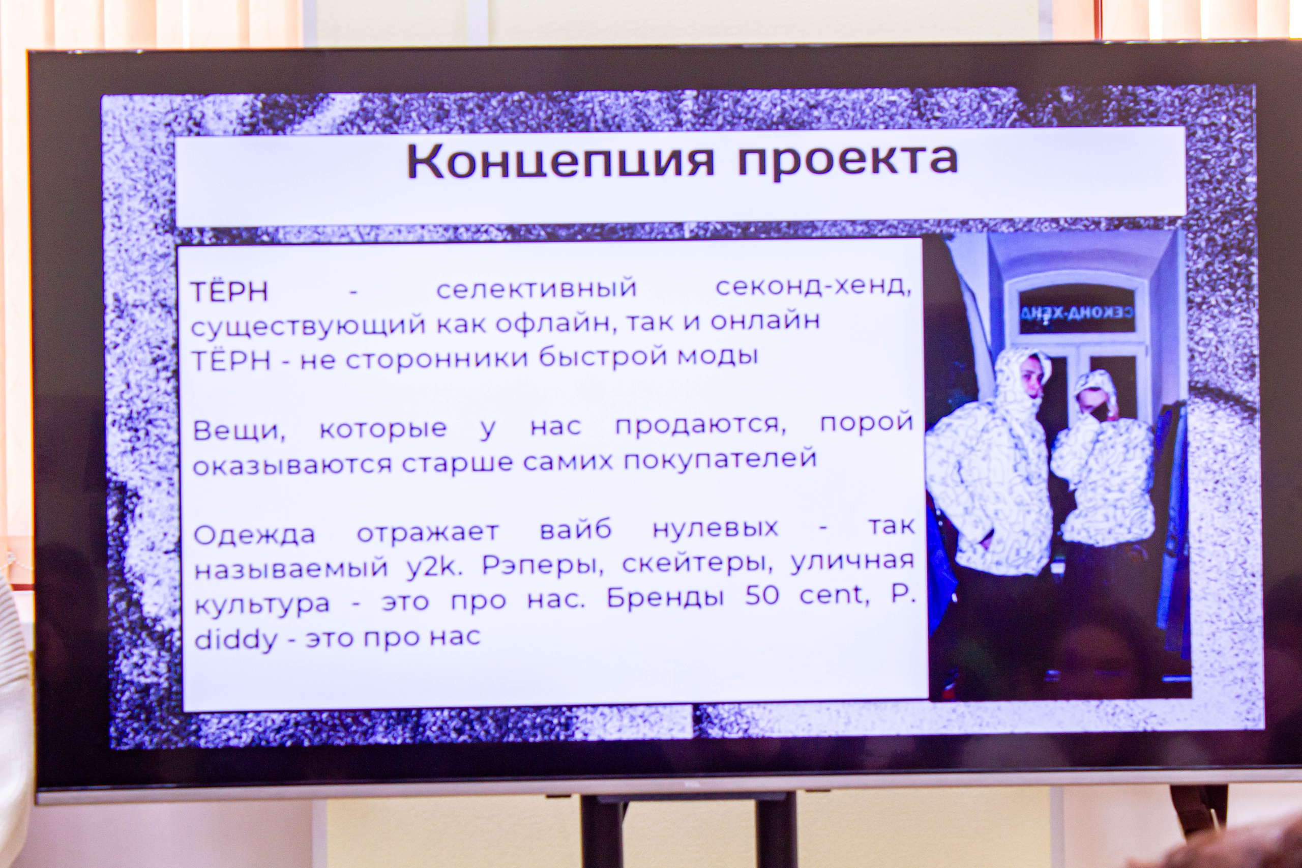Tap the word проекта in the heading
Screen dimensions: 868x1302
[847, 161]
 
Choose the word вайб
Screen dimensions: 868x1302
[575, 530]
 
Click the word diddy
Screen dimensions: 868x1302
[235, 641]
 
